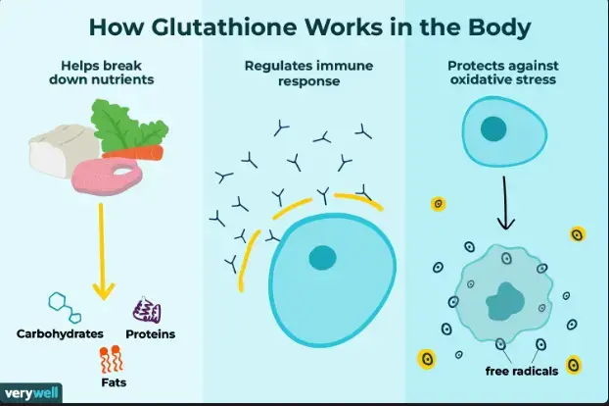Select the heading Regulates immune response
[304, 74]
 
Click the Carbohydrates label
[60, 333]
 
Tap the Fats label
[116, 379]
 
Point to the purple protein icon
[147, 310]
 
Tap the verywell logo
[31, 394]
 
